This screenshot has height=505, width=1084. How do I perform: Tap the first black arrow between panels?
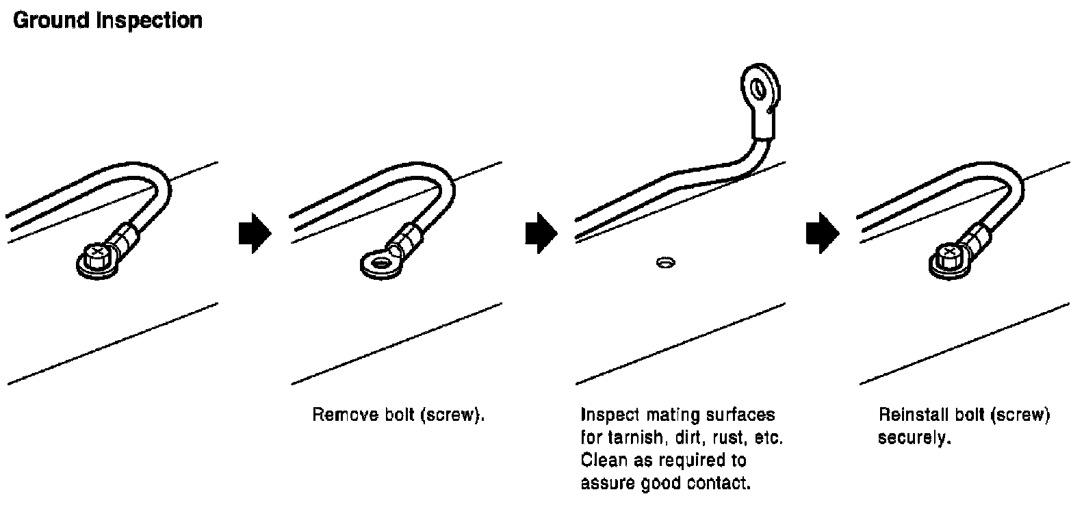[x=254, y=233]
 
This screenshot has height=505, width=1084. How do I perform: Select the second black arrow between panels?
[x=541, y=233]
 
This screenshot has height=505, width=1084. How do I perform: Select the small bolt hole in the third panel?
[x=664, y=261]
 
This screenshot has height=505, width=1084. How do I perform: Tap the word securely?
[x=914, y=438]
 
